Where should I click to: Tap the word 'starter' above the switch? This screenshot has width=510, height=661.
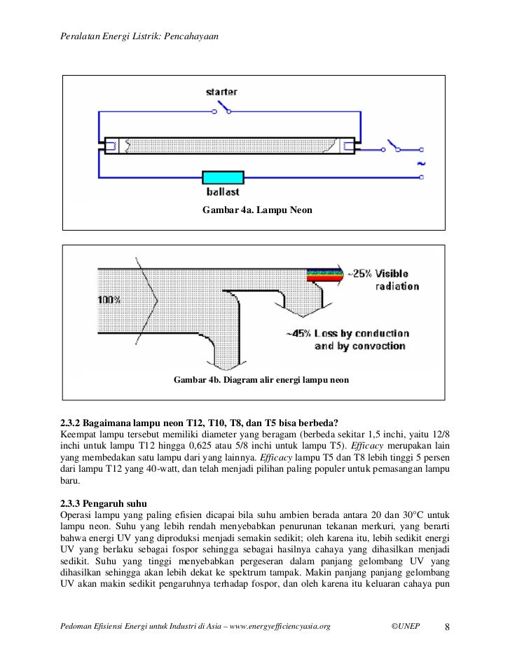(221, 91)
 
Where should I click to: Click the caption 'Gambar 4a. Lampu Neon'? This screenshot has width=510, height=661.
(256, 210)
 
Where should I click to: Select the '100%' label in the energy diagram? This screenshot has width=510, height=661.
(109, 299)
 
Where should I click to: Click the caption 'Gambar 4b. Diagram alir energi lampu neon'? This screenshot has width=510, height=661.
(261, 380)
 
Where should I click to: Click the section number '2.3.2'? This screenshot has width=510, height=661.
(70, 423)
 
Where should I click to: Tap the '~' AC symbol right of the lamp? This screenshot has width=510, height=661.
(421, 163)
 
